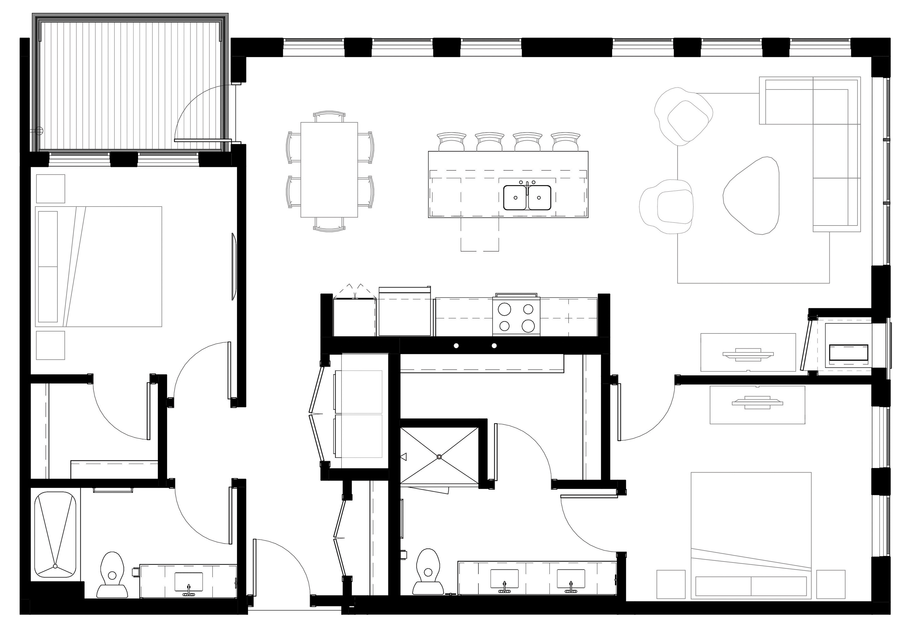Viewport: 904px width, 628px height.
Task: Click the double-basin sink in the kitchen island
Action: click(527, 198)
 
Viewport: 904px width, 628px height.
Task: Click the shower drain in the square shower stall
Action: click(439, 456)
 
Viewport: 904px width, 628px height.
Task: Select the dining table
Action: click(329, 170)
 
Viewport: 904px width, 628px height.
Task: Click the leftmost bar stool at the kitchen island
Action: click(452, 142)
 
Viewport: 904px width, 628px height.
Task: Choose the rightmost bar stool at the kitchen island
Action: click(565, 142)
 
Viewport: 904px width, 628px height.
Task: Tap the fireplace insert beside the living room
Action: click(848, 353)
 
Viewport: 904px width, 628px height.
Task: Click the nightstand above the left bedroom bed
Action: click(51, 189)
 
